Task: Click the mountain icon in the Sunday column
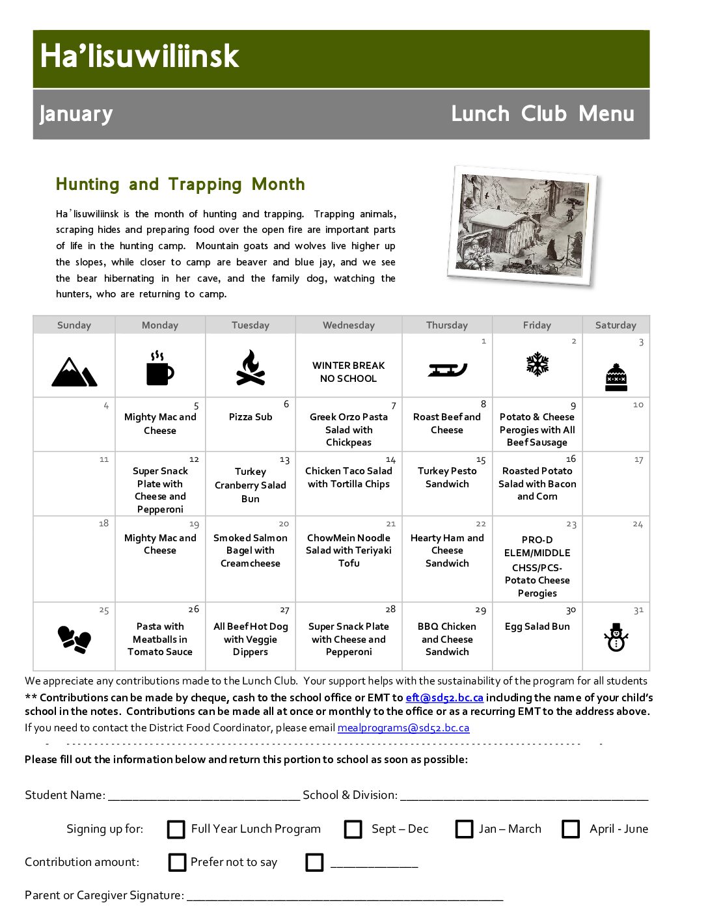click(74, 372)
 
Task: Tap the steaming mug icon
click(159, 369)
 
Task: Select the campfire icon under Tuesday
click(251, 368)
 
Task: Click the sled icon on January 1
click(447, 370)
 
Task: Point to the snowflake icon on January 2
click(538, 364)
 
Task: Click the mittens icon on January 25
click(74, 639)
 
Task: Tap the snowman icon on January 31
click(616, 638)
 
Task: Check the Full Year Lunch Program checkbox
click(176, 829)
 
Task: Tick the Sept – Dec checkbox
click(353, 829)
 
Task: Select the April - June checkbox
click(571, 829)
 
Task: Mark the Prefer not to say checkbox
click(177, 863)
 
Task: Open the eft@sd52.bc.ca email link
click(444, 697)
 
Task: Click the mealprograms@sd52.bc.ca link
click(403, 728)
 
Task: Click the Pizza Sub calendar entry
click(251, 417)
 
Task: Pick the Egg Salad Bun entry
click(537, 626)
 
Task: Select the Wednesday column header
click(349, 325)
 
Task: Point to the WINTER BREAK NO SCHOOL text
click(349, 372)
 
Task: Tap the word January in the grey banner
click(76, 114)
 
